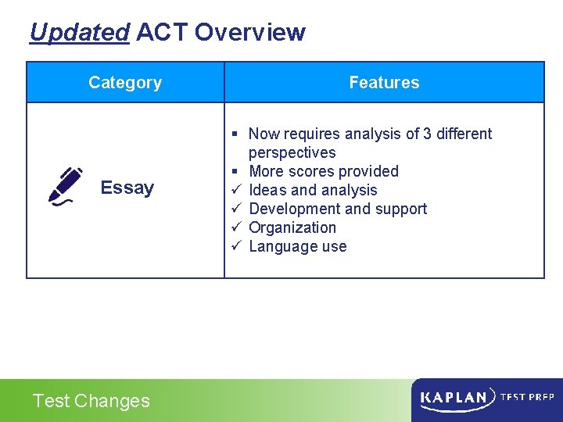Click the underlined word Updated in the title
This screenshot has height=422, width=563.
click(79, 33)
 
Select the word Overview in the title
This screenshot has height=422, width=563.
click(249, 33)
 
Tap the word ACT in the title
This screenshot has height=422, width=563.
click(162, 33)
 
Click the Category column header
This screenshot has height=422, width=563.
click(125, 83)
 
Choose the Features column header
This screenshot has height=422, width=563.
click(384, 83)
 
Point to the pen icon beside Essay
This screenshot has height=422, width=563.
click(66, 186)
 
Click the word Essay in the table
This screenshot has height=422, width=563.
click(127, 188)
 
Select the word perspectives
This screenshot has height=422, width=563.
click(292, 152)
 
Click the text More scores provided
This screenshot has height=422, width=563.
click(323, 171)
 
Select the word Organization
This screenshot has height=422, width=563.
click(292, 227)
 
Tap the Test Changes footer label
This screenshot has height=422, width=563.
click(91, 401)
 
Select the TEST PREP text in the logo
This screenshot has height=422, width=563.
click(527, 397)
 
